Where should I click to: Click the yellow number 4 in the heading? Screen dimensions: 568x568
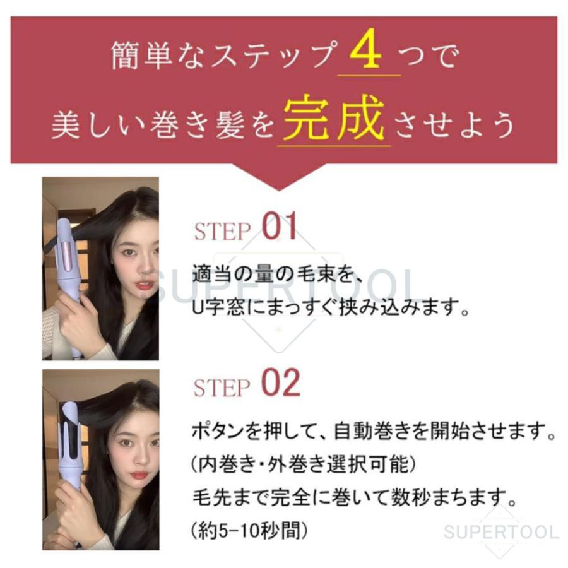[x=369, y=52]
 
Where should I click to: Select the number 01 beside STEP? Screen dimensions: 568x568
[x=280, y=228]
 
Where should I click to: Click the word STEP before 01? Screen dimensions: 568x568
[x=222, y=231]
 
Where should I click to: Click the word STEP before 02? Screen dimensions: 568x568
[x=222, y=387]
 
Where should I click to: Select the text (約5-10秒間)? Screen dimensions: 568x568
[x=249, y=529]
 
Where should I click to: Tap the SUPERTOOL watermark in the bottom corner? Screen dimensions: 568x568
[x=501, y=531]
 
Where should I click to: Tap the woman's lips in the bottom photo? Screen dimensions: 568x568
[x=139, y=475]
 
